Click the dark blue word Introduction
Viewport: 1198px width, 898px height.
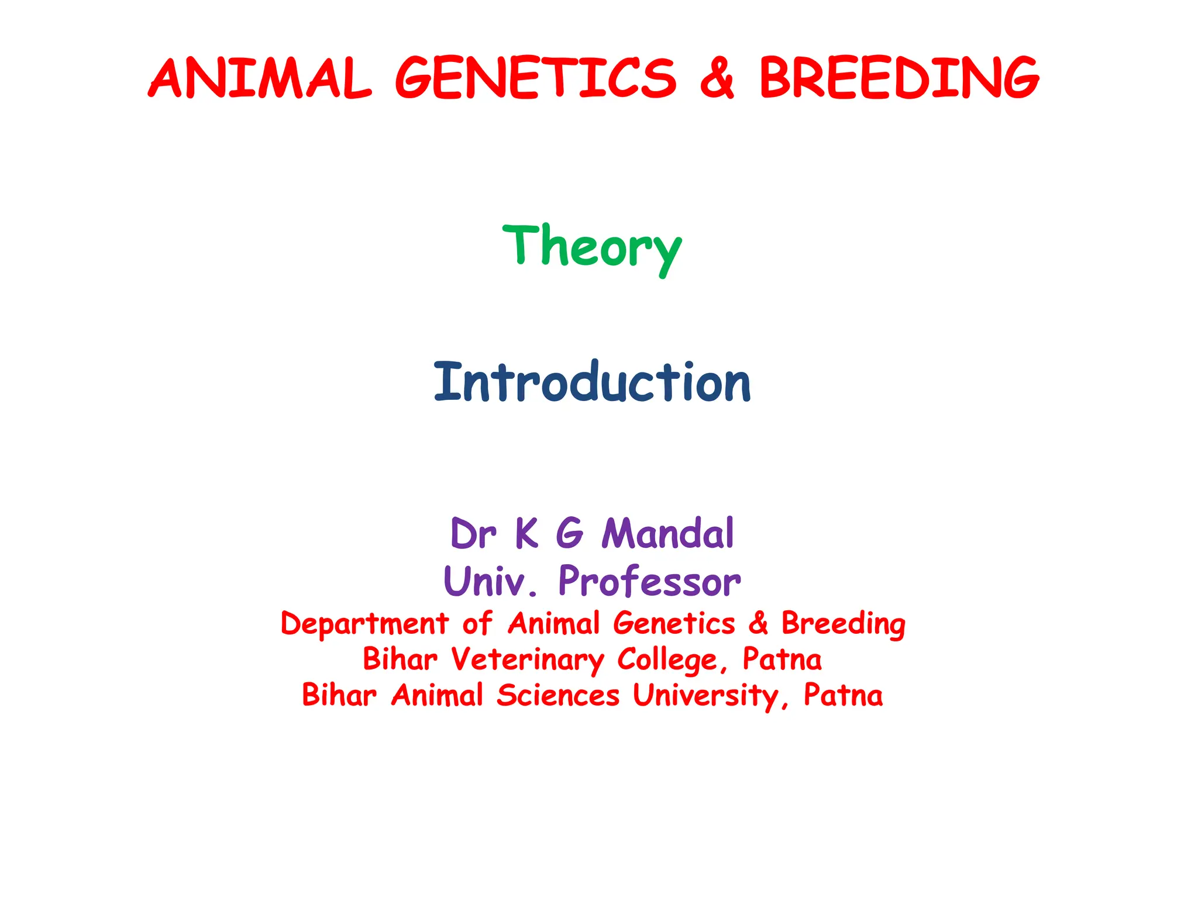[x=592, y=383]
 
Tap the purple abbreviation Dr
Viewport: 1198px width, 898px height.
[x=473, y=534]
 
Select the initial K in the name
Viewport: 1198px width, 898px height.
[x=526, y=534]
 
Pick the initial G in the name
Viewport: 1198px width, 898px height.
[x=569, y=534]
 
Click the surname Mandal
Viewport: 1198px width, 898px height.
[x=667, y=534]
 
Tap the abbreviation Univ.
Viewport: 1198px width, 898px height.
[x=490, y=582]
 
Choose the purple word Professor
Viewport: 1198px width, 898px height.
[x=649, y=582]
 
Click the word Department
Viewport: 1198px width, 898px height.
[x=365, y=624]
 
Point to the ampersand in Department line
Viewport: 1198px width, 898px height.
[x=758, y=623]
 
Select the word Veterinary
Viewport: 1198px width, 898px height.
[x=528, y=660]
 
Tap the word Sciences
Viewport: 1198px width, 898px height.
[x=558, y=696]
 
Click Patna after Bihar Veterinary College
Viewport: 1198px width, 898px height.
[x=782, y=659]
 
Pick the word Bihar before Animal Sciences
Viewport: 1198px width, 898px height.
[x=339, y=696]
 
